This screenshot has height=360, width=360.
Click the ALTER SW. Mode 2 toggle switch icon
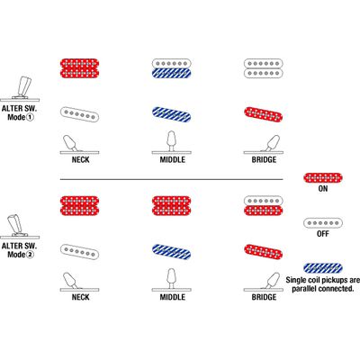coord(20,226)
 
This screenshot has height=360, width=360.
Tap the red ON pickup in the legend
coord(323,178)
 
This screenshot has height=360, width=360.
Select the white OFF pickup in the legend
coord(323,223)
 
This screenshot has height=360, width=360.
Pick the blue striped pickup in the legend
coord(323,268)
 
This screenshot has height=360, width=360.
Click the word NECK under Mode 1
coord(80,159)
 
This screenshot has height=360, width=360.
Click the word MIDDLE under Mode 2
coord(172,297)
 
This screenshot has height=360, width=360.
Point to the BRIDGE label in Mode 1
coord(264,159)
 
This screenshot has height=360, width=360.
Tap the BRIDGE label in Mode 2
coord(264,297)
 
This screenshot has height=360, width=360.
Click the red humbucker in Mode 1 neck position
coord(80,68)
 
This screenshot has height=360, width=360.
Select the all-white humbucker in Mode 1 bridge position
coord(263,68)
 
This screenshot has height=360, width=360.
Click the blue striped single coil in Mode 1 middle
coord(171,114)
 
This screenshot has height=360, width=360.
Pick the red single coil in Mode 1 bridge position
coord(263,114)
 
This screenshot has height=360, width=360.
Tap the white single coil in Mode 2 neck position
coord(79,252)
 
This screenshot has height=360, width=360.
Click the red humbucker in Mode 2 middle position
coord(171,206)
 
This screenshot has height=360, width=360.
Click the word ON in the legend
coord(323,189)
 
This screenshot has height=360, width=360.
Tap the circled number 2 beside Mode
coord(30,255)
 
